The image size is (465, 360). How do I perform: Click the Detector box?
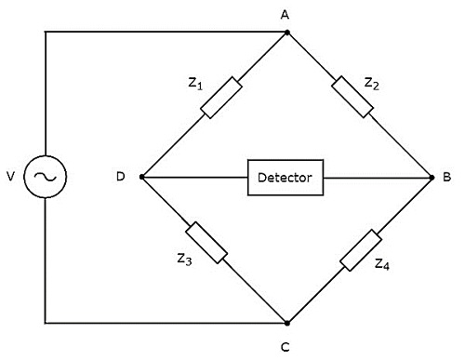coord(286,177)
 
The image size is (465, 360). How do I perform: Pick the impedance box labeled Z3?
coord(206,242)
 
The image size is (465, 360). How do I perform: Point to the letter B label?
coord(449,177)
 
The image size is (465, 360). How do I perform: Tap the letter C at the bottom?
coord(286,347)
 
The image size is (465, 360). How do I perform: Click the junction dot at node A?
coord(286,32)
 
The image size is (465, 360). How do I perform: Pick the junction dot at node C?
coord(286,323)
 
